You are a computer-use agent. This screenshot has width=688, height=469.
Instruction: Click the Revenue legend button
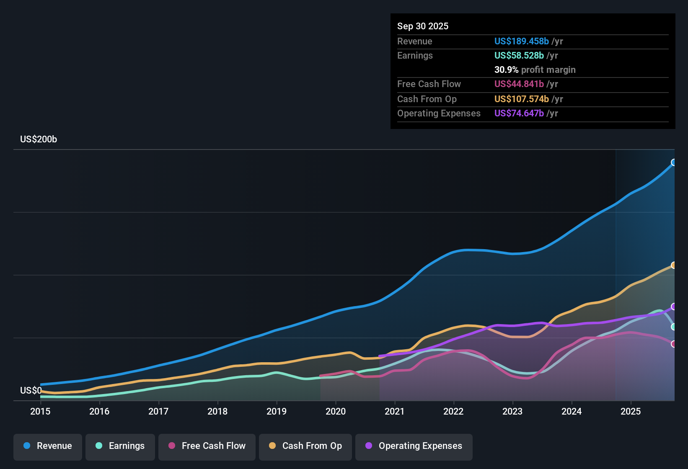[x=48, y=446]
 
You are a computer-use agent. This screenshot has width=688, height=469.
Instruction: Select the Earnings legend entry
[x=120, y=446]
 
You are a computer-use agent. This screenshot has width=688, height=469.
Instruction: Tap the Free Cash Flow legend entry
[x=207, y=446]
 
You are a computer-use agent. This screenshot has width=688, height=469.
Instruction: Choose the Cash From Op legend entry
[x=305, y=446]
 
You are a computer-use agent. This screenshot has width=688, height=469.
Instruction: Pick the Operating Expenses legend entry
[x=414, y=446]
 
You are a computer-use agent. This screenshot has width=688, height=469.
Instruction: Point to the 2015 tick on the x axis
[x=40, y=411]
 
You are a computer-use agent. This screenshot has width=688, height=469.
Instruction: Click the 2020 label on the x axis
[x=336, y=411]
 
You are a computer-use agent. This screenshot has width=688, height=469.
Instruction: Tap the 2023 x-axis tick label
[x=512, y=411]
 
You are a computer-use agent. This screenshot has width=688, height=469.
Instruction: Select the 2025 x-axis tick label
[x=631, y=411]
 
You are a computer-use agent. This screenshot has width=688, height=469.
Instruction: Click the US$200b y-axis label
[x=39, y=139]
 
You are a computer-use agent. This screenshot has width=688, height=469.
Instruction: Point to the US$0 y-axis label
[x=31, y=391]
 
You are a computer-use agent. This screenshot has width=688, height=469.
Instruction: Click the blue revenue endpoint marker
[x=674, y=162]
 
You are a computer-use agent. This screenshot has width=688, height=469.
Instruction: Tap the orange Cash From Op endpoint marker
[x=674, y=265]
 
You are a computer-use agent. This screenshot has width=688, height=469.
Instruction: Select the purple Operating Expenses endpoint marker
[x=674, y=307]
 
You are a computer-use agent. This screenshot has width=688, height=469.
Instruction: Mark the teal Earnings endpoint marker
[x=674, y=327]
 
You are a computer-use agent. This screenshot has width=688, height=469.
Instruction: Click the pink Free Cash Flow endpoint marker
[x=674, y=344]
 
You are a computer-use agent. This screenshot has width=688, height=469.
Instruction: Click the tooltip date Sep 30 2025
[x=423, y=26]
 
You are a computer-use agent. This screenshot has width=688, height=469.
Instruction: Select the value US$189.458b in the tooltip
[x=521, y=41]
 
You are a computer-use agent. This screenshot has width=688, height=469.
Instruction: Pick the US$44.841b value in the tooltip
[x=519, y=84]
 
